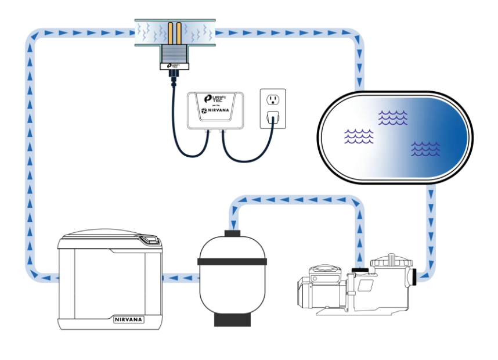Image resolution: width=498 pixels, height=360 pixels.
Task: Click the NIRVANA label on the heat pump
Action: click(x=128, y=319)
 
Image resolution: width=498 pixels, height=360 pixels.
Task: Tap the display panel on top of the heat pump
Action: click(x=150, y=239)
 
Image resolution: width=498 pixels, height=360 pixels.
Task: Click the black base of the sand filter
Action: click(x=232, y=320)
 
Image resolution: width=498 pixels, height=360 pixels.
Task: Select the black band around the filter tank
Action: click(x=232, y=261)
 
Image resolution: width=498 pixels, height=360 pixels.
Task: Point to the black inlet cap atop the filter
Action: click(x=232, y=234)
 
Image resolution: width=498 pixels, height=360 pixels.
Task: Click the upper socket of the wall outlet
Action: click(x=271, y=99)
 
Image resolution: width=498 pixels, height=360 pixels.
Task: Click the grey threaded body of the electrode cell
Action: click(x=173, y=55)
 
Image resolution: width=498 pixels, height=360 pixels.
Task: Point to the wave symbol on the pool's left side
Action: click(x=358, y=136)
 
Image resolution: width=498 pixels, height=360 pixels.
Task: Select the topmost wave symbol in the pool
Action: click(x=392, y=118)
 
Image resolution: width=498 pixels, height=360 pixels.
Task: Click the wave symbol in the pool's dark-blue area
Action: click(x=425, y=149)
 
